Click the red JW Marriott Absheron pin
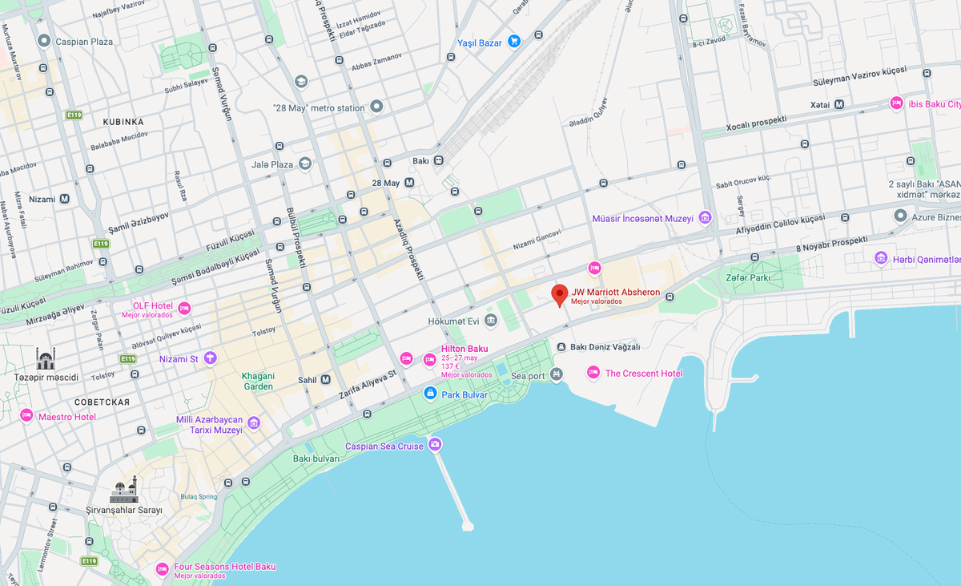560,294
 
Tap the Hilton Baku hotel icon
429,359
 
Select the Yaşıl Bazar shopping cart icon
514,41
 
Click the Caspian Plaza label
83,41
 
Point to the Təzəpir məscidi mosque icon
46,358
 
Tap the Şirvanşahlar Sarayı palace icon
124,489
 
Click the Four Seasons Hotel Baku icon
162,569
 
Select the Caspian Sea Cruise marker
435,444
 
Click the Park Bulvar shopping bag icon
430,393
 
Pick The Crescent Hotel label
644,374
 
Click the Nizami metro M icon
64,199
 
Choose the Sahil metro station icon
326,380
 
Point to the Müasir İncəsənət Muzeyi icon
705,217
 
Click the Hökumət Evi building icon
490,321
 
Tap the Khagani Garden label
258,381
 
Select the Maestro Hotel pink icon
26,415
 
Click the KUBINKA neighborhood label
123,122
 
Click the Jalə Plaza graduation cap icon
304,164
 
